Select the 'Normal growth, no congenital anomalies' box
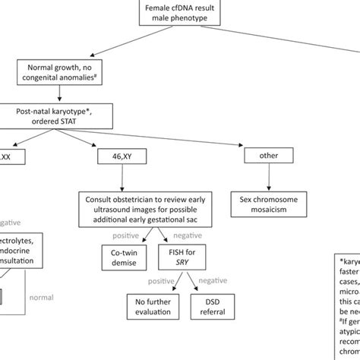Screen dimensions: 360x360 point(65,73)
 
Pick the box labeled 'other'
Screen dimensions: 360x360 point(264,156)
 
